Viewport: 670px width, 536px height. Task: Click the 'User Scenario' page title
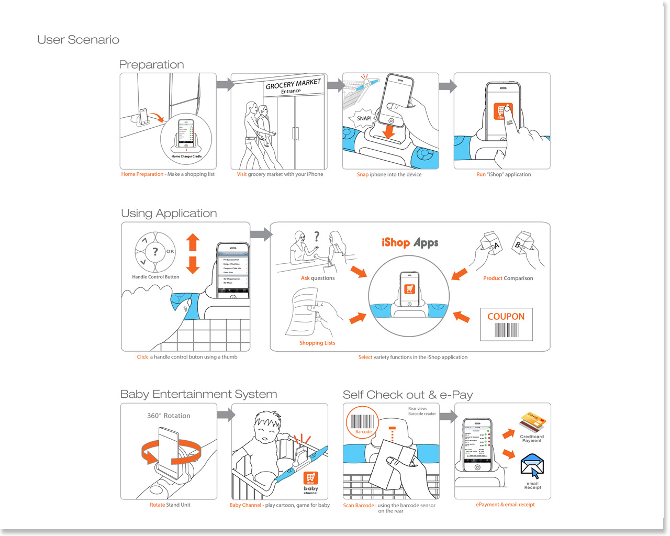point(78,40)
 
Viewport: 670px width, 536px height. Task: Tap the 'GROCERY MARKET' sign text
point(293,84)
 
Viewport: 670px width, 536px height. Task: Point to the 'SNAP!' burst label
point(364,118)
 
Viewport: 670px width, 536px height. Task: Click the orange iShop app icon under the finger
point(502,111)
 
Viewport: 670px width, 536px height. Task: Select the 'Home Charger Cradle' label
point(186,156)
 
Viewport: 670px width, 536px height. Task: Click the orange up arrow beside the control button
point(193,242)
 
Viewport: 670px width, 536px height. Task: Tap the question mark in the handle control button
point(155,251)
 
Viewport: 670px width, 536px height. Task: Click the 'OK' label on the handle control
point(170,251)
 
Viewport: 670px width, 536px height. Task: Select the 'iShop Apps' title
point(410,242)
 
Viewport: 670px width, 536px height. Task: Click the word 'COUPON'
point(506,317)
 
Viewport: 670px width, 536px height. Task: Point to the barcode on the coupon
point(506,330)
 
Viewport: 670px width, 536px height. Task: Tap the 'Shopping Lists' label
point(317,343)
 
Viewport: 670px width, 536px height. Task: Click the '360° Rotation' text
point(169,416)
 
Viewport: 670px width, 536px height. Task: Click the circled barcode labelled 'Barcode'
point(363,422)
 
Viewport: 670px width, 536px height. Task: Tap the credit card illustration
point(532,422)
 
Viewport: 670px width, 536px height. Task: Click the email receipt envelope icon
point(532,465)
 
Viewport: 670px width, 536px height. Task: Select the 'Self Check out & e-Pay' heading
point(408,395)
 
